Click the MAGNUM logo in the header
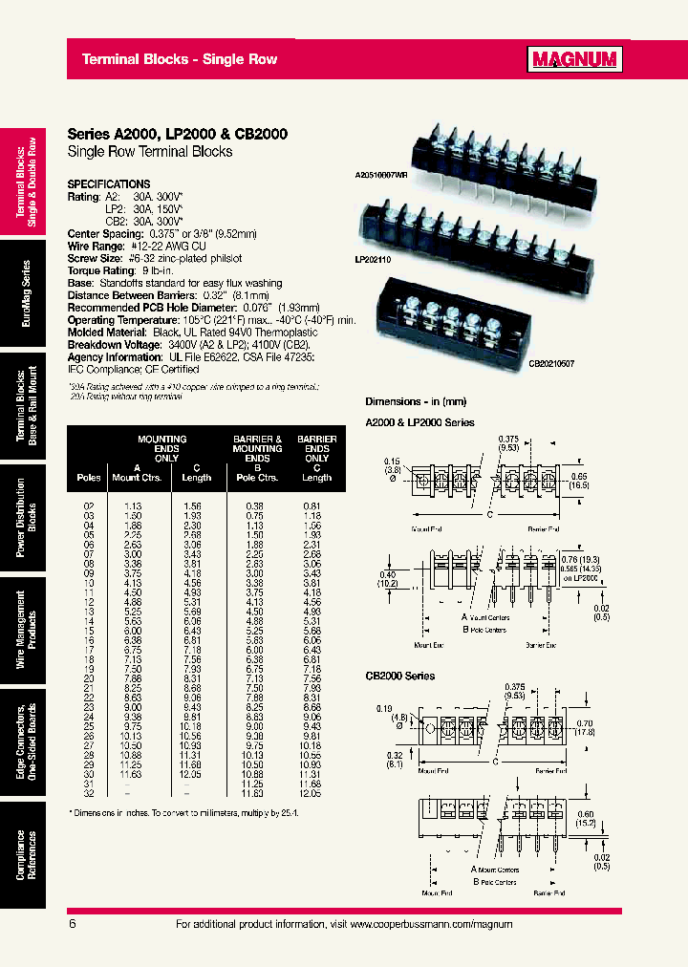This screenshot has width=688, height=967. click(575, 60)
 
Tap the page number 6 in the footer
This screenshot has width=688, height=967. click(73, 924)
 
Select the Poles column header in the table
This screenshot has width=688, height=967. click(88, 478)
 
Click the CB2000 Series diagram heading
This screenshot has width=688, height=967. click(400, 676)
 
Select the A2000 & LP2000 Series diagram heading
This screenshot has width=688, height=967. click(419, 421)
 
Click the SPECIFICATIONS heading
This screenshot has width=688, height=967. click(109, 183)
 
